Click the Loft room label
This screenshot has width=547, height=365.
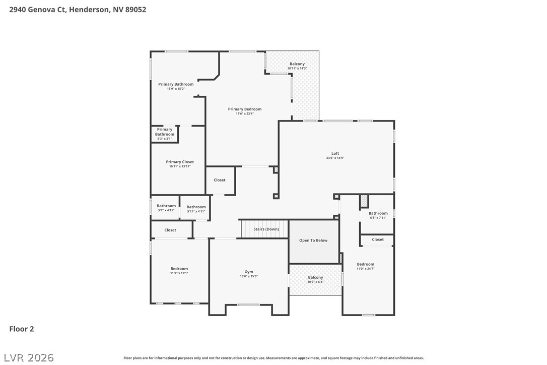pyautogui.click(x=335, y=153)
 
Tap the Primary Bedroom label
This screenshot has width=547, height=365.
pyautogui.click(x=245, y=109)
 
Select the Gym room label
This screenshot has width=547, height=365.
pyautogui.click(x=249, y=272)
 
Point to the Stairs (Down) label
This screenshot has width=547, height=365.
pyautogui.click(x=266, y=229)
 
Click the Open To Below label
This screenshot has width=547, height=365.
pyautogui.click(x=313, y=240)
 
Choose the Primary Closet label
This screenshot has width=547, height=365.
pyautogui.click(x=180, y=162)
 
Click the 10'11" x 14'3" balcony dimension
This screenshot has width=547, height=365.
pyautogui.click(x=297, y=69)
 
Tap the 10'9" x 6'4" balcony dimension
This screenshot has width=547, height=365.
pyautogui.click(x=315, y=282)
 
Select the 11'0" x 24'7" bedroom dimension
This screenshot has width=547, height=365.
pyautogui.click(x=365, y=269)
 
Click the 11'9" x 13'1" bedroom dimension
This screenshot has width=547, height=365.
pyautogui.click(x=179, y=273)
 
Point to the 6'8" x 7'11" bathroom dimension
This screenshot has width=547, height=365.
pyautogui.click(x=378, y=218)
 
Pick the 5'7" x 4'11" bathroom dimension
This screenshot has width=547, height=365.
pyautogui.click(x=166, y=210)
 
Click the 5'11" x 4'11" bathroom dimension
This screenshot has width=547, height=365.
pyautogui.click(x=196, y=211)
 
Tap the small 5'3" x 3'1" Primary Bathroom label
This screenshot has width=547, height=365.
pyautogui.click(x=165, y=134)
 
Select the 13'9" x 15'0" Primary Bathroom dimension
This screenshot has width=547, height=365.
pyautogui.click(x=176, y=89)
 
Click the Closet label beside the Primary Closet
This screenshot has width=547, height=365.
pyautogui.click(x=220, y=180)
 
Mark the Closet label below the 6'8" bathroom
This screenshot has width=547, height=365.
pyautogui.click(x=378, y=239)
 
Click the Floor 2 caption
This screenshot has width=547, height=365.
pyautogui.click(x=22, y=329)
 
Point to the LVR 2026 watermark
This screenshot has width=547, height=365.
pyautogui.click(x=29, y=357)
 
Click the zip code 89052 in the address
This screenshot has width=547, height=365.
pyautogui.click(x=135, y=10)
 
